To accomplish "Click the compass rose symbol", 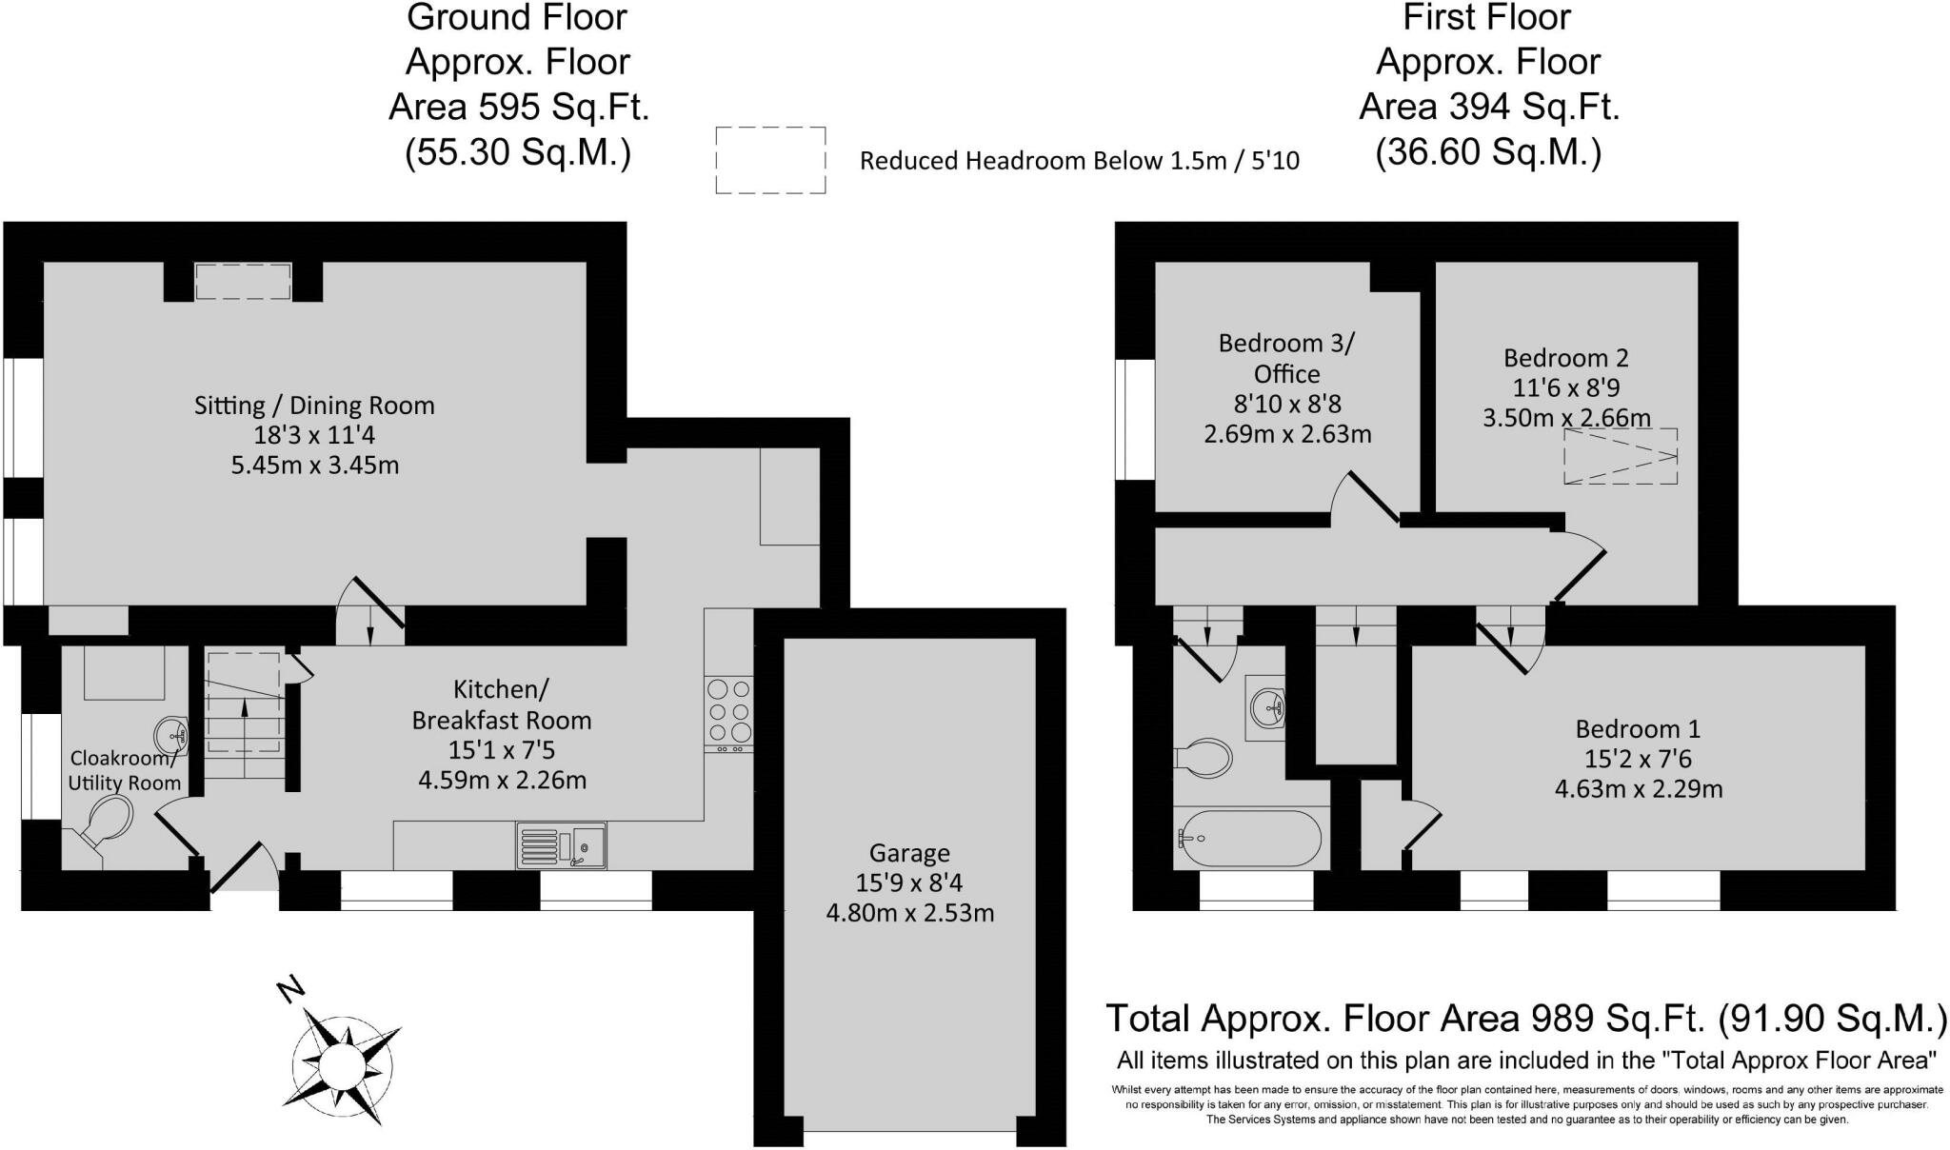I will tap(340, 1060).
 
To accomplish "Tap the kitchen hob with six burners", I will tap(728, 710).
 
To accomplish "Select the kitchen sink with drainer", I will tap(561, 845).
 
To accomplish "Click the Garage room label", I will tap(908, 853).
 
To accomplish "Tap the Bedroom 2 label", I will tap(1565, 358).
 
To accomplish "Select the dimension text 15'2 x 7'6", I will tap(1638, 759).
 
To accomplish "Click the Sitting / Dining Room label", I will tap(314, 406).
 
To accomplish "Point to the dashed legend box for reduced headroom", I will tap(770, 160).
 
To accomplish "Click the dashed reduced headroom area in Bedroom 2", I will tap(1620, 456).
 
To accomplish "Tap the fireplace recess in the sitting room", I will tap(243, 282).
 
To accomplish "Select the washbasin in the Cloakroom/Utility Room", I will tap(171, 734).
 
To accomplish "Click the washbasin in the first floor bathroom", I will tap(1266, 707).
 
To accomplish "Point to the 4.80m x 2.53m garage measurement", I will tap(909, 913).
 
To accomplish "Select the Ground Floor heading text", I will tap(517, 17).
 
